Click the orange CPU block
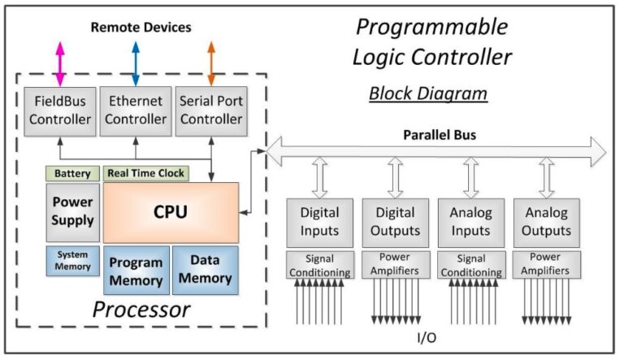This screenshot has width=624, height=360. pos(171,212)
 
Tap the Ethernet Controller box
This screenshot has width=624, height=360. pos(135,110)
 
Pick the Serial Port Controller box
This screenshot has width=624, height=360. pos(210,110)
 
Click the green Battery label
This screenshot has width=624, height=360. pos(71,173)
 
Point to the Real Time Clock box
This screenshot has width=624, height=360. pos(145,173)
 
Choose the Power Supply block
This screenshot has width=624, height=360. pos(72,210)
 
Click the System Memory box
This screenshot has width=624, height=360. pos(72,260)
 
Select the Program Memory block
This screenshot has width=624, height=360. pos(136,270)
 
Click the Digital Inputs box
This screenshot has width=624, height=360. pos(319,222)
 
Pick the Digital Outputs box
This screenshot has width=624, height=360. pos(395,222)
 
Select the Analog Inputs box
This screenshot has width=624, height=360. pos(470,222)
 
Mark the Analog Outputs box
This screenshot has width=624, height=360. pos(546,222)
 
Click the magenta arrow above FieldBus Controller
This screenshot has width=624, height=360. pos(58,63)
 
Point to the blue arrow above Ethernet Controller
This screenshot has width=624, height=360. pos(135,63)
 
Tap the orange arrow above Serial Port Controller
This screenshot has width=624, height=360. pos(211,63)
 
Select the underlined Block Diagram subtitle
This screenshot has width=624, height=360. pos(428,93)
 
